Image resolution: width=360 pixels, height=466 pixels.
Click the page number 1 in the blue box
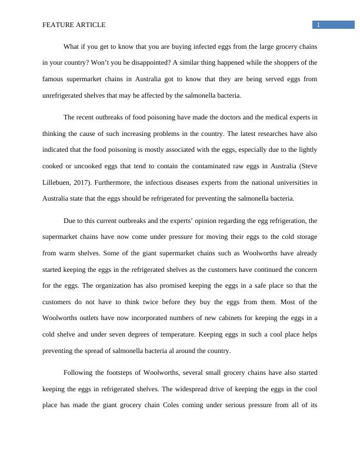(318, 25)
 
